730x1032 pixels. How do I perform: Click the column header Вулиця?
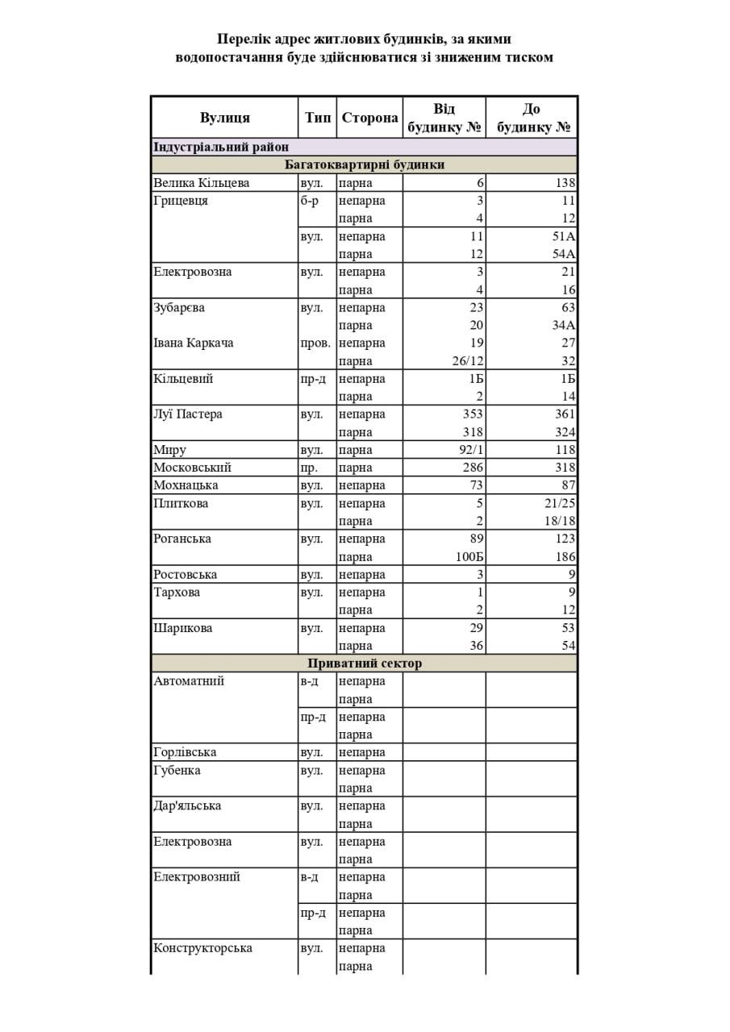[x=225, y=118]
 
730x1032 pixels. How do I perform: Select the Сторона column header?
[x=369, y=118]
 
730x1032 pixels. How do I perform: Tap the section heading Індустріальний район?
[x=221, y=147]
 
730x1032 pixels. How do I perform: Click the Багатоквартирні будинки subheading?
[x=365, y=164]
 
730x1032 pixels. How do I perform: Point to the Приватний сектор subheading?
[x=365, y=664]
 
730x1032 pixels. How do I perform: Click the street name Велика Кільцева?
[x=202, y=183]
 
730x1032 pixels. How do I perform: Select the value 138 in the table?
[x=565, y=183]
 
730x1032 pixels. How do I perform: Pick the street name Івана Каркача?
[x=194, y=343]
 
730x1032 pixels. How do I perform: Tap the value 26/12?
[x=467, y=361]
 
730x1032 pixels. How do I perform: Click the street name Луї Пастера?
[x=188, y=414]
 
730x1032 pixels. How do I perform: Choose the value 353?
[x=472, y=414]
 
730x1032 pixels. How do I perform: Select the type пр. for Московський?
[x=309, y=468]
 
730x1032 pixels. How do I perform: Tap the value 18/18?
[x=560, y=521]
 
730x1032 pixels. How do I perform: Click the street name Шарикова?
[x=183, y=628]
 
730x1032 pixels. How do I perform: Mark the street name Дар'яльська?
[x=187, y=805]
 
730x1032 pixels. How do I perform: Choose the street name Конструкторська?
[x=202, y=948]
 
